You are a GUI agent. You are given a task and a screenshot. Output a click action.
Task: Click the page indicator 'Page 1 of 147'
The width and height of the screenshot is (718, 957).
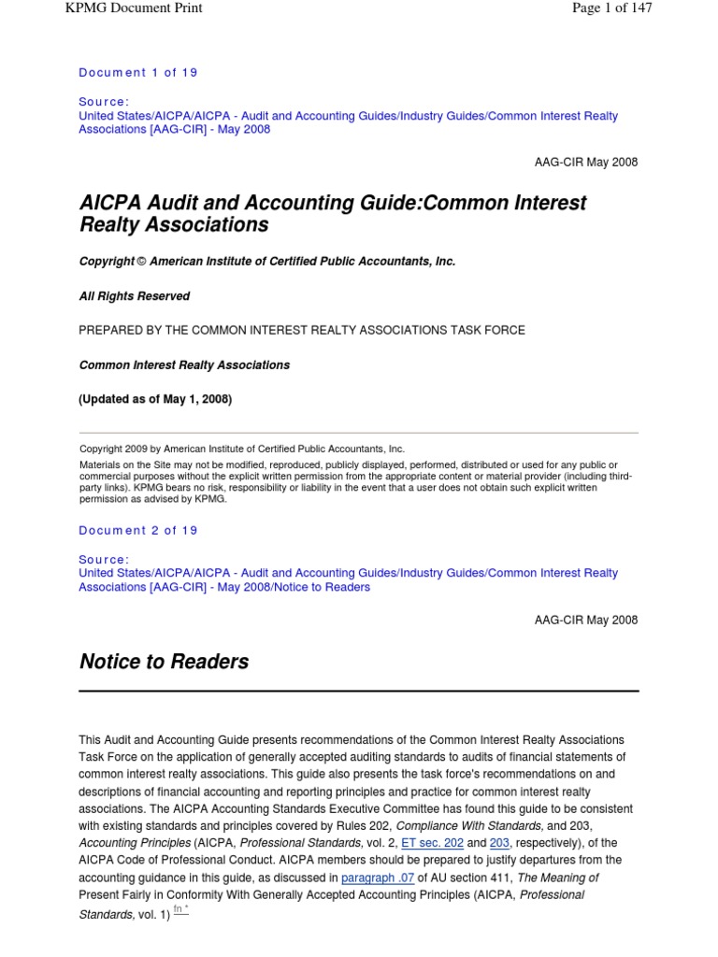(605, 8)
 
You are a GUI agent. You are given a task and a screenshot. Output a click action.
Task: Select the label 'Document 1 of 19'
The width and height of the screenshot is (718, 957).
(138, 73)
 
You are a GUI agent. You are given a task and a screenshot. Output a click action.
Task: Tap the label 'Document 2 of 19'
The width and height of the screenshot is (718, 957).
(138, 531)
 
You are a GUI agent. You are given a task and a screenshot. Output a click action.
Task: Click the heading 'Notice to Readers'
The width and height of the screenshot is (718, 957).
(164, 662)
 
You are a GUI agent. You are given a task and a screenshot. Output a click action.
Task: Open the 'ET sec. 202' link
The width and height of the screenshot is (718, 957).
(432, 842)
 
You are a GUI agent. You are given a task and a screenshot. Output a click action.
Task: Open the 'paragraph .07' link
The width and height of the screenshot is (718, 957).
(377, 878)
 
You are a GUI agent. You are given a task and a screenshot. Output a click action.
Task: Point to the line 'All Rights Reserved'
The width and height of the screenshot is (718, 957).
(135, 296)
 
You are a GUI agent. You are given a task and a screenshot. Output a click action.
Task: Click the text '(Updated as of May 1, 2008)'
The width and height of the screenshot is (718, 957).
(155, 399)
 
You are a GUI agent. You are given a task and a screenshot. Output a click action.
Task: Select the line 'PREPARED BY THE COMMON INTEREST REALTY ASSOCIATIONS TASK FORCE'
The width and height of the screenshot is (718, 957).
(302, 330)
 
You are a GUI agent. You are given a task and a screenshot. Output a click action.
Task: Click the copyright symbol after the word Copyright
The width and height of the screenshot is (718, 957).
(142, 262)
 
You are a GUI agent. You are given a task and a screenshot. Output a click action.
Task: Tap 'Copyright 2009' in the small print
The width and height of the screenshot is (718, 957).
(114, 449)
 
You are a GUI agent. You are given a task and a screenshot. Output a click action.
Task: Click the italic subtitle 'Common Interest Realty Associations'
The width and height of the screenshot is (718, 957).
(184, 365)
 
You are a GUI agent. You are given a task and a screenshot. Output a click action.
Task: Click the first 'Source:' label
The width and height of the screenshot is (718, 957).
(104, 101)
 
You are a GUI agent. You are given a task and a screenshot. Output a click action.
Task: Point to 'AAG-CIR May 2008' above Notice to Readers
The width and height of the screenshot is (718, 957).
(586, 620)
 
